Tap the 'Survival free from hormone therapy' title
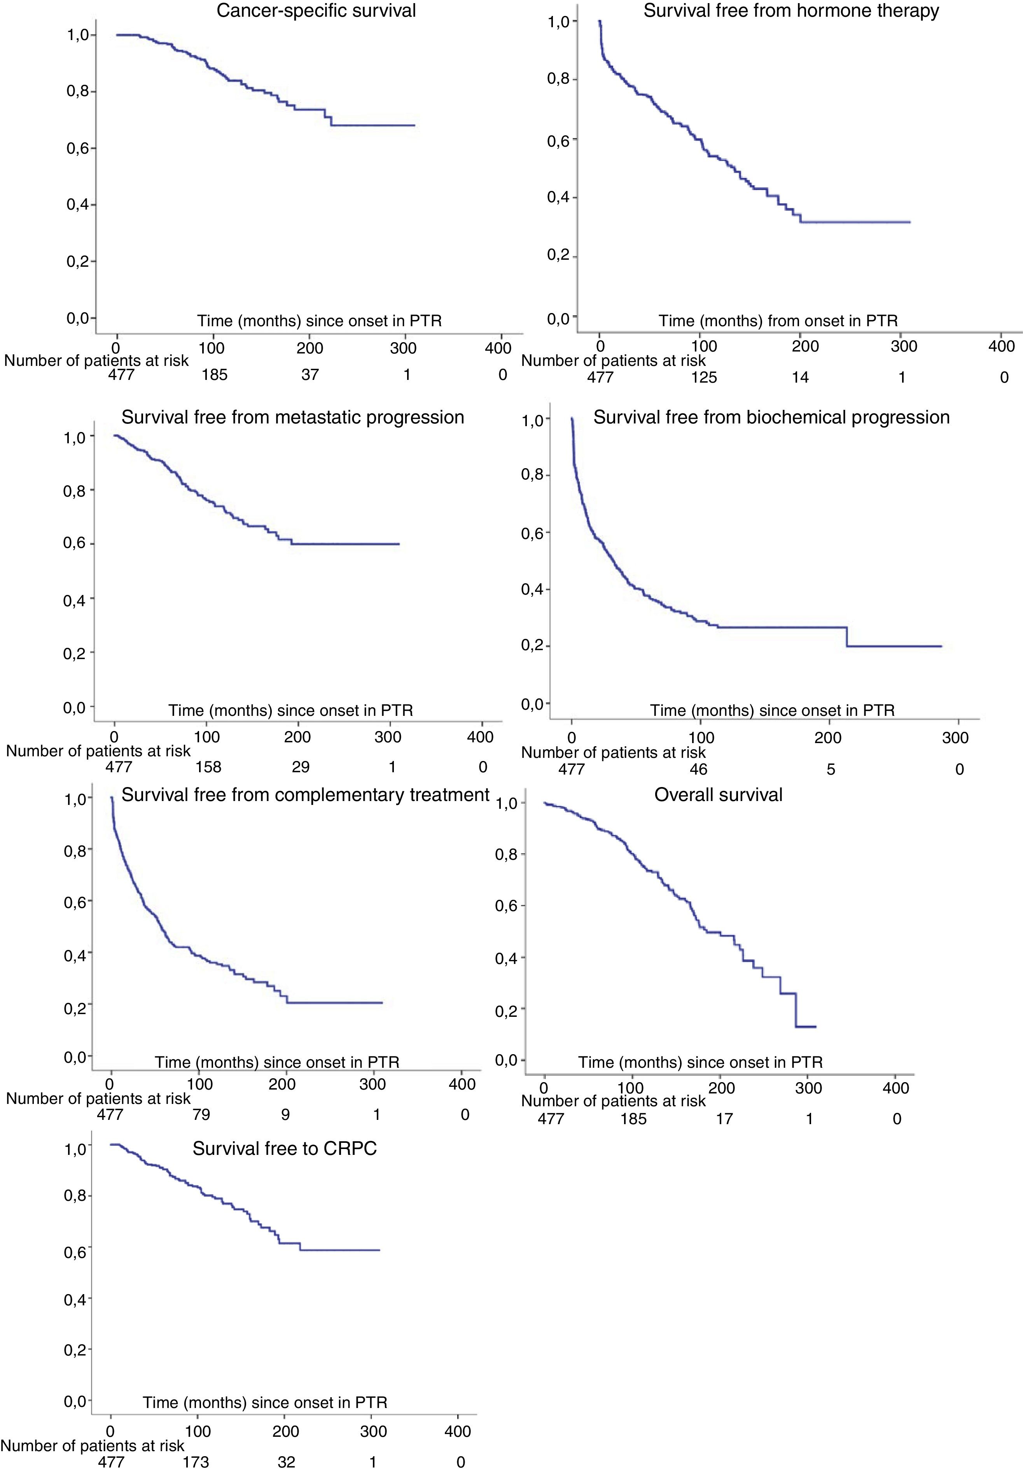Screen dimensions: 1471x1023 tap(791, 11)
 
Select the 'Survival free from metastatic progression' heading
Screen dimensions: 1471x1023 tap(293, 417)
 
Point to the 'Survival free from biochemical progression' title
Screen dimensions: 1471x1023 tap(771, 417)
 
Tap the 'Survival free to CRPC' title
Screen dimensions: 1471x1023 tap(284, 1148)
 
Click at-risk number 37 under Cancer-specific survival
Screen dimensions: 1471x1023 tap(310, 375)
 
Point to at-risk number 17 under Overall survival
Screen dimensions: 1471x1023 tap(724, 1119)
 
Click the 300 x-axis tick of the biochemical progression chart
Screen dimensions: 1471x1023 tap(955, 738)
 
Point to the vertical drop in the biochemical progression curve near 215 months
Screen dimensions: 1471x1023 tap(847, 636)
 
